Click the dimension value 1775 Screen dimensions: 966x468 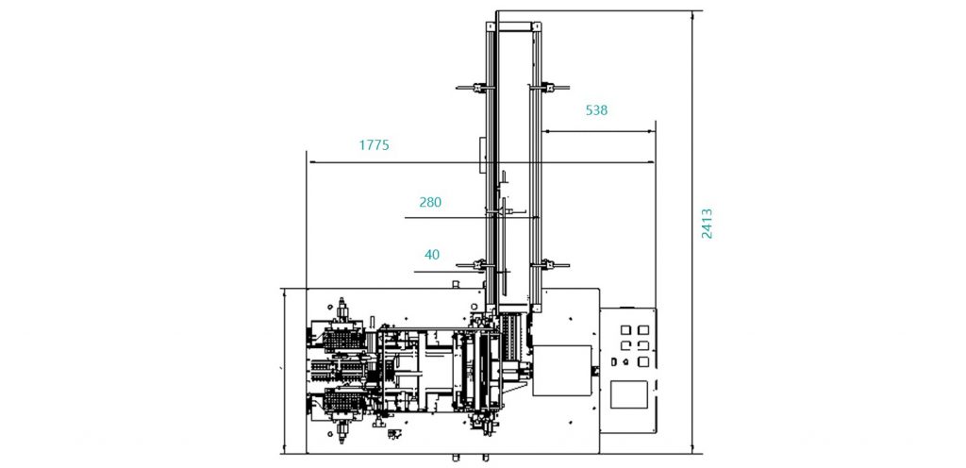point(374,145)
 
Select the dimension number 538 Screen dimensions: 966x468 point(596,110)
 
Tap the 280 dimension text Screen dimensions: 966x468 point(430,202)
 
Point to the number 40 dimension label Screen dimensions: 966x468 point(432,255)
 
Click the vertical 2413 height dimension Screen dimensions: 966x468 point(708,224)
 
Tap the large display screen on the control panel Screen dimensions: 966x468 point(628,394)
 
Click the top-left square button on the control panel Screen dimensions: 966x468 point(625,330)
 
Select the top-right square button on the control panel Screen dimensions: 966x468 point(643,330)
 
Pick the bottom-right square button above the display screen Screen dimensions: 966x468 point(643,361)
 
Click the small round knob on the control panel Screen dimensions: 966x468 point(626,361)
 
